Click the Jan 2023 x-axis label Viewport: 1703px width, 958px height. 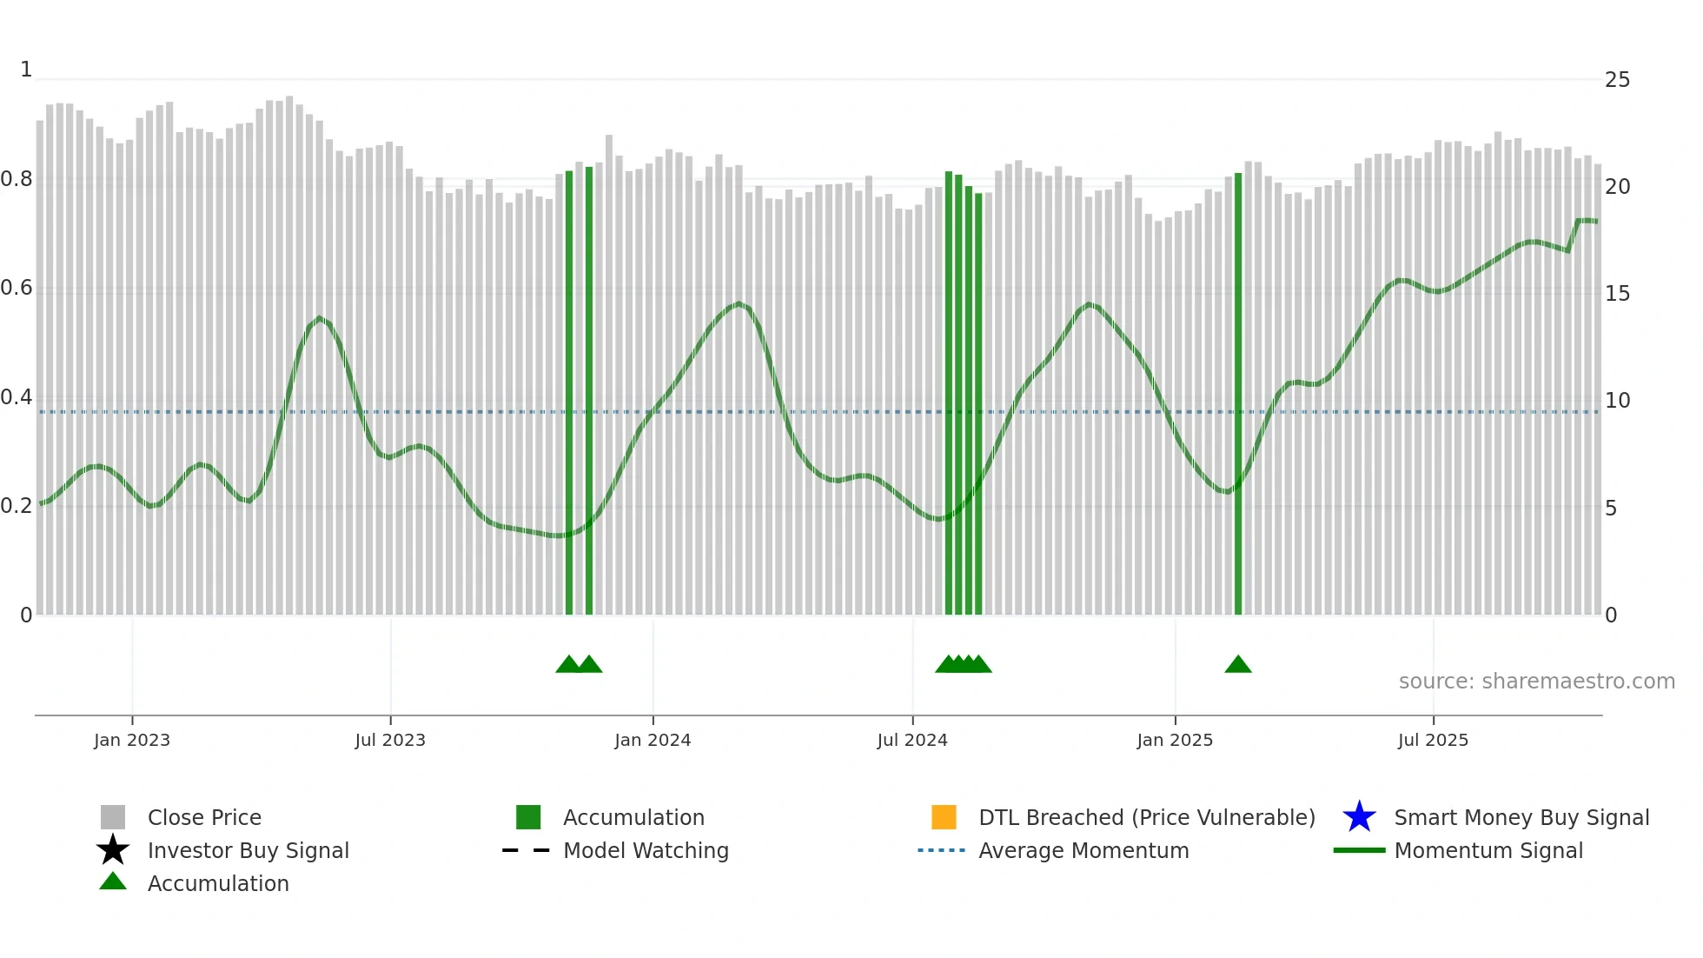tap(132, 740)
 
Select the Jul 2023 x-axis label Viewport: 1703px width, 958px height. tap(390, 740)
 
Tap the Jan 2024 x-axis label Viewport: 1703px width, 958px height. tap(653, 740)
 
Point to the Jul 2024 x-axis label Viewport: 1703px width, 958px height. tap(912, 740)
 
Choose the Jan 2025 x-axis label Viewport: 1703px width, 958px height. tap(1175, 740)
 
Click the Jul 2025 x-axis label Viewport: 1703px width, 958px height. tap(1433, 740)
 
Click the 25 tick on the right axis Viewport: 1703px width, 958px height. tap(1617, 80)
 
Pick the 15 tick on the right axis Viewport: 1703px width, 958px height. tap(1617, 294)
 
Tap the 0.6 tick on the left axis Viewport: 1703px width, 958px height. tap(17, 288)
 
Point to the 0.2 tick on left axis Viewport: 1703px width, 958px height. tap(17, 506)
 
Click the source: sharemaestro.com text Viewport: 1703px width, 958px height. tap(1536, 682)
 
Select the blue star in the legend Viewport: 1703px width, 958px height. tap(1359, 817)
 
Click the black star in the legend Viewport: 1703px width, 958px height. tap(113, 850)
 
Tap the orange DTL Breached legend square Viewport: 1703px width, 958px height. tap(944, 817)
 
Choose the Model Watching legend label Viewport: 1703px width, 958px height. tap(646, 850)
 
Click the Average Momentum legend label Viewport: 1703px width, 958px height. tap(1083, 850)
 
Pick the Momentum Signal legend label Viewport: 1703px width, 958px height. tap(1488, 850)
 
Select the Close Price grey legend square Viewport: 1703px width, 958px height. tap(113, 817)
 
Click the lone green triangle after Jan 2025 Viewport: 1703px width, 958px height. tap(1238, 665)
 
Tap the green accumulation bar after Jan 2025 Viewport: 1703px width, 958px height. tap(1238, 391)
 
